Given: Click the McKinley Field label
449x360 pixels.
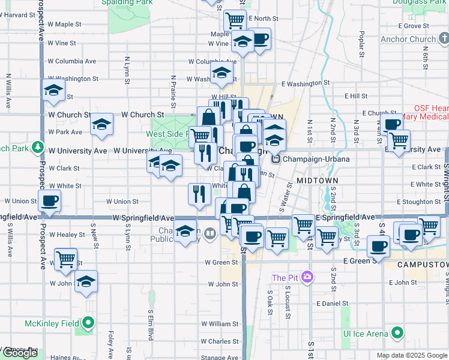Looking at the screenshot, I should (52, 323).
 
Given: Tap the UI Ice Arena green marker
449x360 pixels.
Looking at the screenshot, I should (397, 333).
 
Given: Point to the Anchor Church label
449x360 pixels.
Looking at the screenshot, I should (408, 40).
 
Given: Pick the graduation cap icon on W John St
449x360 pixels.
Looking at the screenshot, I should (86, 280).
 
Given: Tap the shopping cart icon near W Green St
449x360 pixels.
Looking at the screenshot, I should (65, 260).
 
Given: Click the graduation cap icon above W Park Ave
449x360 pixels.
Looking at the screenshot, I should (101, 124).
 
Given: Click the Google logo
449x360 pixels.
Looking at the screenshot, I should (20, 353).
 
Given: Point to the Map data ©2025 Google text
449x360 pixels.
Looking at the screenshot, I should (411, 355).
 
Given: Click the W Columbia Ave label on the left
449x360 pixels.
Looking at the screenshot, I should (71, 61).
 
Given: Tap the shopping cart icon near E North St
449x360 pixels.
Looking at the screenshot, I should (235, 20).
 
